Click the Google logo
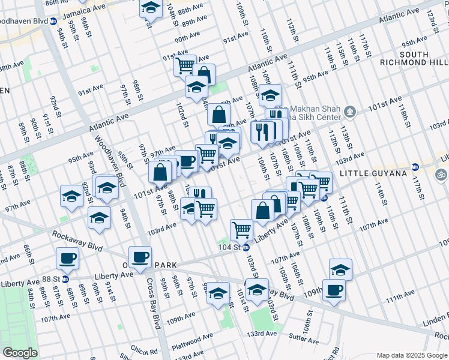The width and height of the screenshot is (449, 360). point(20,353)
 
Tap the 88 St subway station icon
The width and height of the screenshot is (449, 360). point(65,279)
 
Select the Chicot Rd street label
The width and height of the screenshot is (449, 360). point(145,350)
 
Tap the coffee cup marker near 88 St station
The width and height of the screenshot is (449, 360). point(67,259)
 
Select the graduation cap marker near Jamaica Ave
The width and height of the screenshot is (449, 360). point(151,8)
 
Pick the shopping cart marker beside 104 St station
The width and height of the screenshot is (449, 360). point(241,229)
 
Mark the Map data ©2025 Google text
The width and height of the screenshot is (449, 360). point(411,355)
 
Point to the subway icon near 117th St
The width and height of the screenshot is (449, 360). point(415,167)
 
